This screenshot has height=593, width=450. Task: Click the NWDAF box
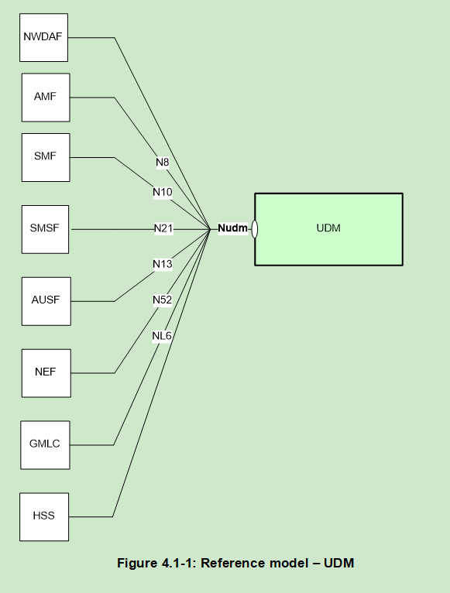click(x=44, y=37)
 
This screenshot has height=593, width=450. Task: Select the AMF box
click(x=46, y=98)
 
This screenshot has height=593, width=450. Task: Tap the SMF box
click(x=46, y=157)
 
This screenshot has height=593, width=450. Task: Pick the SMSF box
click(x=45, y=229)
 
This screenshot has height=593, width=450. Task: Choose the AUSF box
click(x=46, y=301)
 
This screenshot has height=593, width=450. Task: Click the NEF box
click(x=46, y=373)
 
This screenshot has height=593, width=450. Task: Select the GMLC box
click(x=45, y=444)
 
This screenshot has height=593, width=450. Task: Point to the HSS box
click(x=44, y=516)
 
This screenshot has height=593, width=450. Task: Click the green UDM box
click(x=328, y=229)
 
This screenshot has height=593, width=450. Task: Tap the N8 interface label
click(x=162, y=163)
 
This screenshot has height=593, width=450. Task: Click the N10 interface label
click(x=162, y=192)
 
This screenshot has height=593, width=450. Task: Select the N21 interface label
click(x=163, y=228)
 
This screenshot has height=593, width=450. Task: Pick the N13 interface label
click(x=162, y=264)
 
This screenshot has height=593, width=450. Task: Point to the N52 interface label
click(x=162, y=300)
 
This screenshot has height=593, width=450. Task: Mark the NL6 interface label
click(x=162, y=336)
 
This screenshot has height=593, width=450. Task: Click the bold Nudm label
click(x=232, y=228)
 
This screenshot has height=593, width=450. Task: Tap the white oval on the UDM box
click(x=255, y=229)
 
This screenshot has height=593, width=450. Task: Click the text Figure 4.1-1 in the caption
click(x=157, y=563)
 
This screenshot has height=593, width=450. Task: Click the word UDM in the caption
click(x=340, y=563)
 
